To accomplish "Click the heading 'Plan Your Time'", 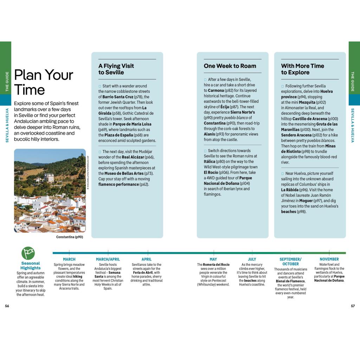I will [x=43, y=82].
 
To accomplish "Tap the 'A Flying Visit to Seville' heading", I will [x=116, y=69].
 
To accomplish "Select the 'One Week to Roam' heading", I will [x=230, y=66].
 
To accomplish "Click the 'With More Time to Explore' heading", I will [x=302, y=69].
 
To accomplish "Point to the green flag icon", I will [x=28, y=253].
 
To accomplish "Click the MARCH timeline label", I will [x=69, y=259].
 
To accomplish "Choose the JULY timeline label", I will [x=252, y=259].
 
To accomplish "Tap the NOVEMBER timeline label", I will [x=329, y=259].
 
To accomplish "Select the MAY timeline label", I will [x=213, y=259].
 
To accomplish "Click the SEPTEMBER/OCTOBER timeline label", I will [x=290, y=262].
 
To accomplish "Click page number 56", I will [x=7, y=306].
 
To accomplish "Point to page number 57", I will [x=353, y=306].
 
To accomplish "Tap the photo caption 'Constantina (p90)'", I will [x=70, y=237].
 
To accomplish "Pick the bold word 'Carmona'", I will [x=213, y=90].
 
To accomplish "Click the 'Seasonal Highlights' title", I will [x=31, y=265].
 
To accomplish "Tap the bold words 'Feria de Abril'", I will [x=146, y=273].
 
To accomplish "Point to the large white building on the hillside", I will [x=49, y=178].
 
